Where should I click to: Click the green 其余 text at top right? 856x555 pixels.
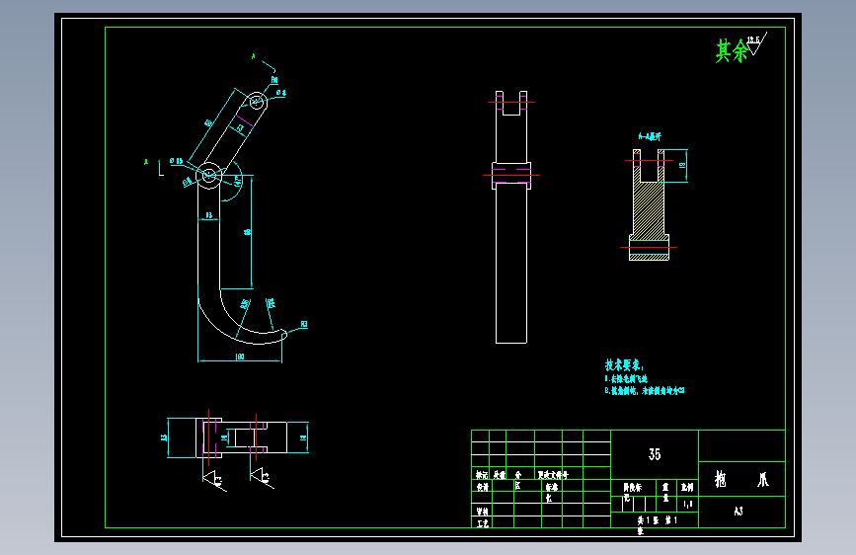click(x=731, y=51)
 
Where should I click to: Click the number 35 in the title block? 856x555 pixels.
click(x=655, y=454)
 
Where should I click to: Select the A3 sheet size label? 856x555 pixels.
click(x=739, y=512)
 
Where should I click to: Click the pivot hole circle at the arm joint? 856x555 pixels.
click(x=210, y=176)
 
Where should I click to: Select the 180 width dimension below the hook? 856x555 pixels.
click(x=240, y=356)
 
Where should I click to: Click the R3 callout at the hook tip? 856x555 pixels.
click(x=303, y=324)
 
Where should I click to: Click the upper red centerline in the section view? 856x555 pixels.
click(x=651, y=160)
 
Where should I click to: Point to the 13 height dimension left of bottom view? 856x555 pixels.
click(x=164, y=435)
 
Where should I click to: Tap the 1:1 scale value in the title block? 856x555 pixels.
click(x=688, y=503)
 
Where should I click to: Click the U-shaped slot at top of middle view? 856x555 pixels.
click(x=511, y=103)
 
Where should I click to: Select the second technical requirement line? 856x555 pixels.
click(x=644, y=391)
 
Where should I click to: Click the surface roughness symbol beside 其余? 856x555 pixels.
click(x=758, y=44)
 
